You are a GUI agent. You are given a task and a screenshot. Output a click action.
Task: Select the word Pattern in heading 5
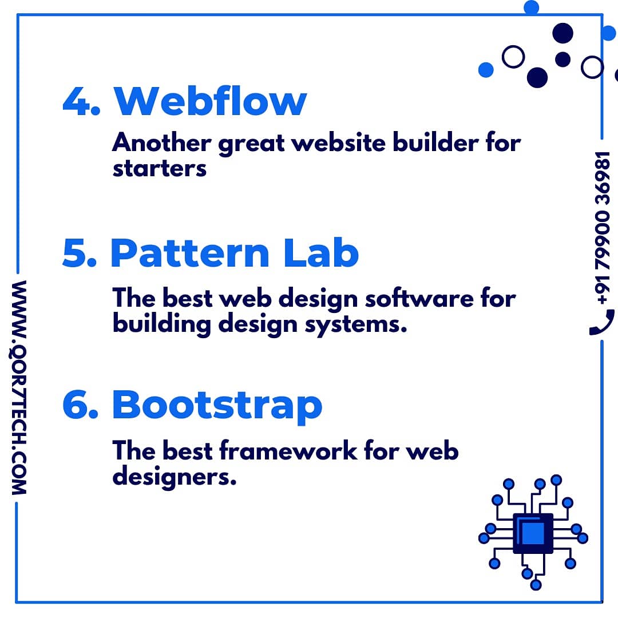[189, 253]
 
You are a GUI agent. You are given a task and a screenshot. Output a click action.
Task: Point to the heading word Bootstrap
[217, 406]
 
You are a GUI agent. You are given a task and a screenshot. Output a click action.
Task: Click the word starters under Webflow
[159, 169]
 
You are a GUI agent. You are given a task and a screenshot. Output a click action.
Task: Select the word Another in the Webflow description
[162, 142]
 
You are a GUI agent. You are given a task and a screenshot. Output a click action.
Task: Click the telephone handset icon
[602, 322]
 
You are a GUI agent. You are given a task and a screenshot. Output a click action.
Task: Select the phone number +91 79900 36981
[603, 228]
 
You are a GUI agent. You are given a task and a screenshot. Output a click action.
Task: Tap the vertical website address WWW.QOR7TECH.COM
[19, 387]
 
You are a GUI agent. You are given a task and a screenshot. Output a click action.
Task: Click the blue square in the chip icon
[533, 533]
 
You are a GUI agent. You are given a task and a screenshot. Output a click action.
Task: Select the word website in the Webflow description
[338, 142]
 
